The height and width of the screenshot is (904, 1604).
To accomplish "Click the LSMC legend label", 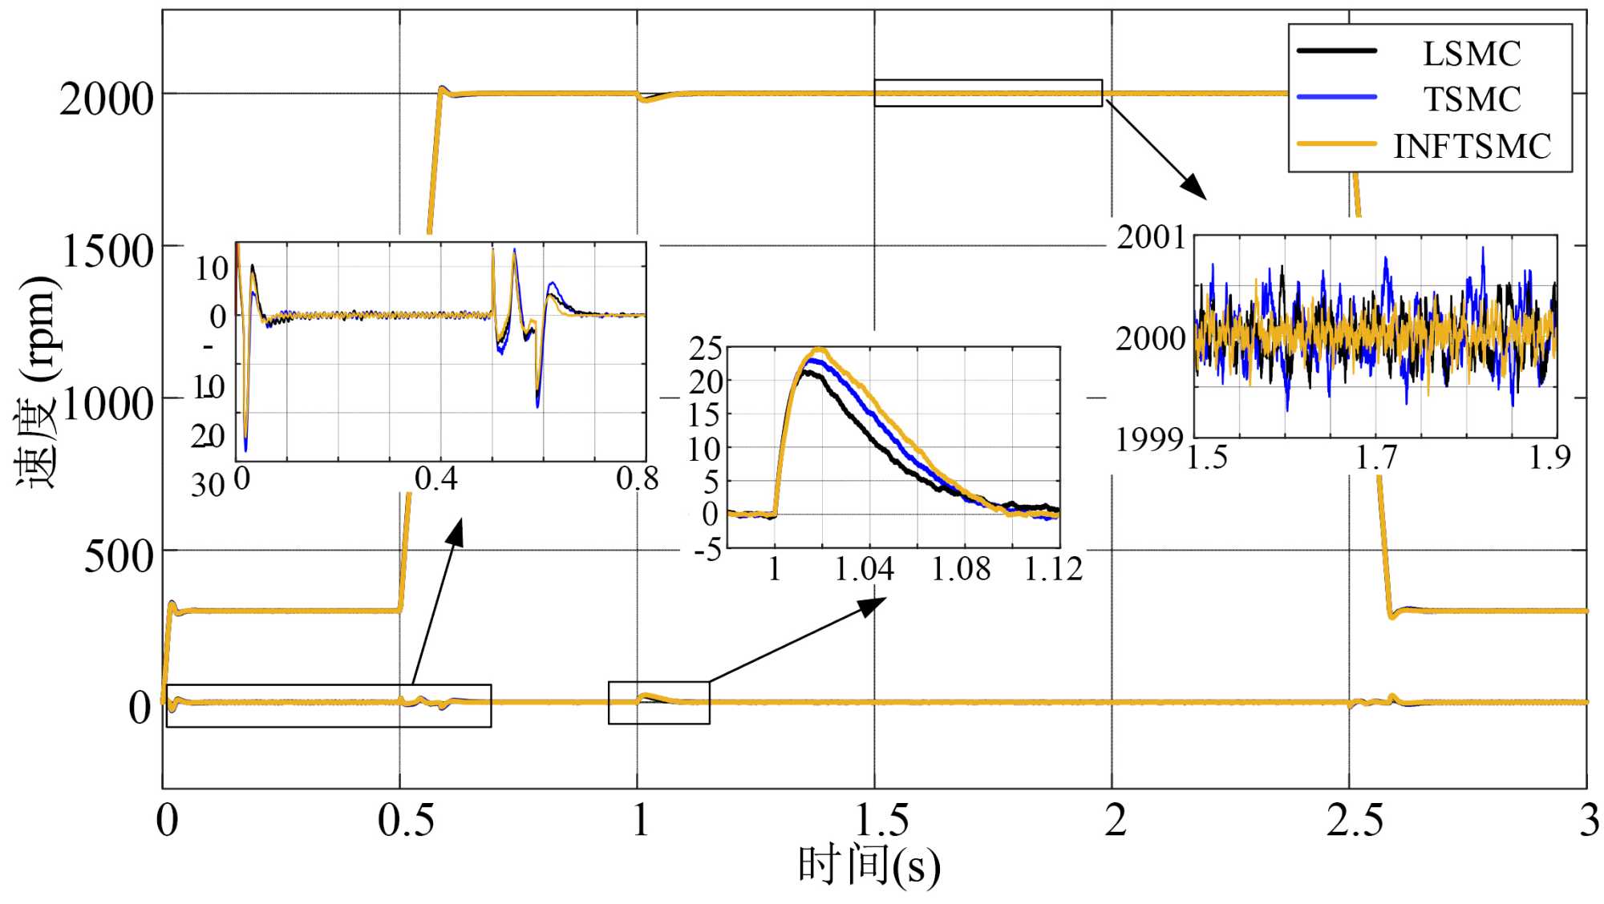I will (x=1472, y=54).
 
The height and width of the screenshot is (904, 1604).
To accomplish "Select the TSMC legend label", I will (x=1472, y=100).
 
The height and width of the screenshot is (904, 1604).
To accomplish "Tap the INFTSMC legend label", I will (x=1472, y=147).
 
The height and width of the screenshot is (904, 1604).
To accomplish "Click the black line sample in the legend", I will (x=1336, y=50).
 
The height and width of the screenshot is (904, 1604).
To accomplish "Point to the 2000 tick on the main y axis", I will (x=106, y=99).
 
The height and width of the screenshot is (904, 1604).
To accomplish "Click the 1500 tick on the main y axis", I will (x=107, y=252).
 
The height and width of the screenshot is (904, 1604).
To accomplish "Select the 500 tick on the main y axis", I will (x=119, y=556).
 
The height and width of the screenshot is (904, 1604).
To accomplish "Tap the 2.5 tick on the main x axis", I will (x=1354, y=821).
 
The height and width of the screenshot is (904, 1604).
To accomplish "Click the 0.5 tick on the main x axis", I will (x=406, y=821).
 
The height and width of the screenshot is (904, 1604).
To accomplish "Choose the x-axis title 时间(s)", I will (x=869, y=866).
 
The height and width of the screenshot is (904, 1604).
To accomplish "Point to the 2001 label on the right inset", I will (x=1151, y=237).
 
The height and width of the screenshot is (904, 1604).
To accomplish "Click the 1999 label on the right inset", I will (x=1149, y=440).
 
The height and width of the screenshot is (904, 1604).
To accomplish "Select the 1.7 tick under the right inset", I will (x=1375, y=458).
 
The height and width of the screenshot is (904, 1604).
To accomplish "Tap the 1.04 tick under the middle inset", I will (x=864, y=570).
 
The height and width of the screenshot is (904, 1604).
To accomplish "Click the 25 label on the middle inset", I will (x=706, y=349).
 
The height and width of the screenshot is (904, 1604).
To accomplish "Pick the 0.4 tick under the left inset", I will (x=436, y=479).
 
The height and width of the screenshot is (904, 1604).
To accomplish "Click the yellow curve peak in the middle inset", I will (x=819, y=349).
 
